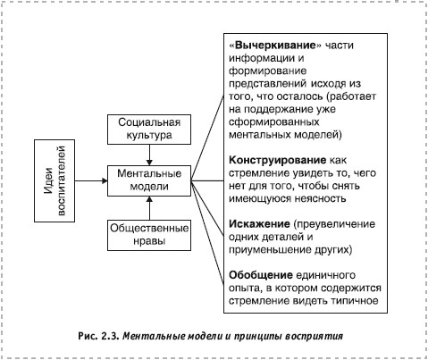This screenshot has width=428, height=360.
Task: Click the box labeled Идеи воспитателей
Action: (x=55, y=180)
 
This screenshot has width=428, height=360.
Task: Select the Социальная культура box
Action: (x=149, y=130)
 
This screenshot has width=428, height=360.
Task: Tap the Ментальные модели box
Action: (x=149, y=180)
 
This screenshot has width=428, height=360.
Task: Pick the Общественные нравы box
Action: (x=149, y=235)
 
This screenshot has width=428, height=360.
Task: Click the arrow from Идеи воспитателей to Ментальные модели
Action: (x=91, y=180)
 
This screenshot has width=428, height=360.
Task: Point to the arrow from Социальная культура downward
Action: (x=149, y=155)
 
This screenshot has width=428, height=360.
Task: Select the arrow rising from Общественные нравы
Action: (x=149, y=208)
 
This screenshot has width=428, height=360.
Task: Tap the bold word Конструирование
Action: (x=278, y=160)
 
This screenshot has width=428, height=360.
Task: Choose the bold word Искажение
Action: (x=259, y=224)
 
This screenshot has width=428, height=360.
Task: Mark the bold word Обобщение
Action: (x=261, y=275)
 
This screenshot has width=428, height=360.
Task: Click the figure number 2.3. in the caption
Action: (x=110, y=336)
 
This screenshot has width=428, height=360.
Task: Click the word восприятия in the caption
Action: (x=314, y=337)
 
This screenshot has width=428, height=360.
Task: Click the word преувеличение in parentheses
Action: (x=334, y=224)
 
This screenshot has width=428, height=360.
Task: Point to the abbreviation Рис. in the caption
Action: (x=88, y=336)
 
